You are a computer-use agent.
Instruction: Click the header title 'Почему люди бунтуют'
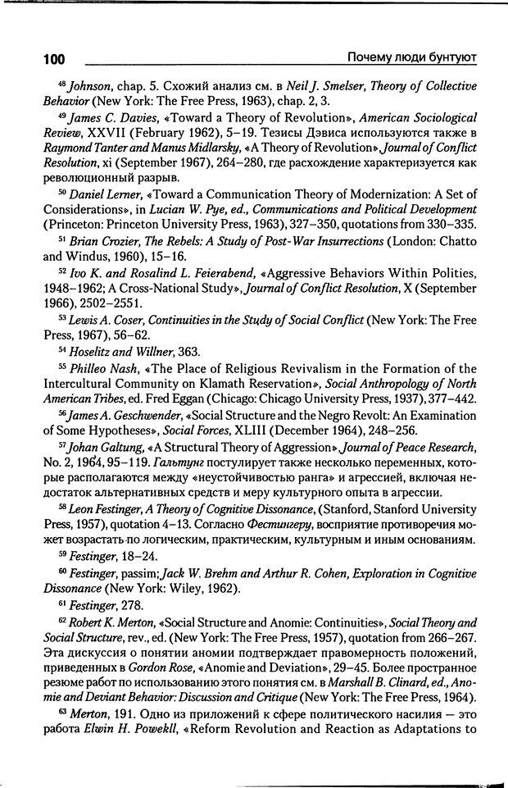click(413, 57)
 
